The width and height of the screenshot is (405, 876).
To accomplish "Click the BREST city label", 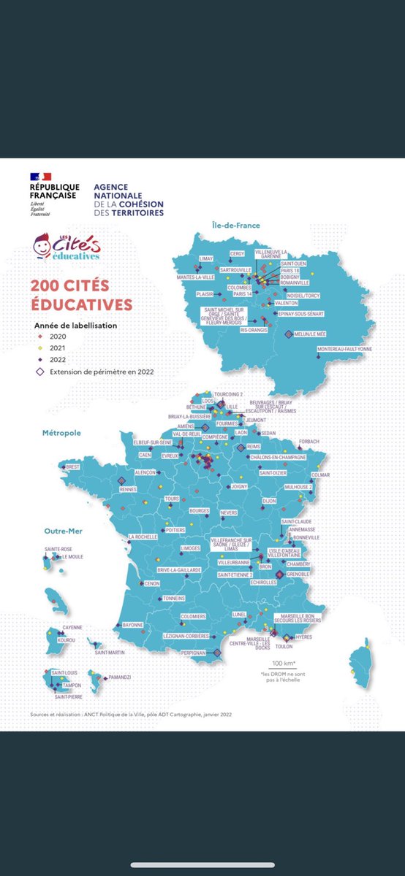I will pos(72,466).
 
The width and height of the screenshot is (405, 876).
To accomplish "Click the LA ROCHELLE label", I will pos(143,537).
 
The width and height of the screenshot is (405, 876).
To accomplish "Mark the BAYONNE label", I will pos(132,625).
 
